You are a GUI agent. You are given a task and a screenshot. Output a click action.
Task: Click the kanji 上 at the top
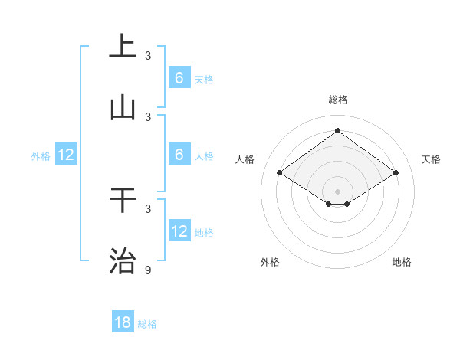point(123,46)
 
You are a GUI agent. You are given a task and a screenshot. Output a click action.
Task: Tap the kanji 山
point(123,108)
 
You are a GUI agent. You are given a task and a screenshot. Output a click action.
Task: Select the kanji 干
point(123,200)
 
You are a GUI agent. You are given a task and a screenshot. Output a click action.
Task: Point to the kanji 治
point(123,261)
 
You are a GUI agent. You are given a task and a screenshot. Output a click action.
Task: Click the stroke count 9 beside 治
point(148,270)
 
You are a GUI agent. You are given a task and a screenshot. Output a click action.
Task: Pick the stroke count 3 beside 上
point(148,55)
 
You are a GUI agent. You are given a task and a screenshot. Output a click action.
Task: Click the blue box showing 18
point(123,322)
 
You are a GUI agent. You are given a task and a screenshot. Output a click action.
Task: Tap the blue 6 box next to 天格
point(179,77)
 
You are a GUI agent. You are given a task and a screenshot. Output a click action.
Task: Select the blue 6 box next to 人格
point(179,154)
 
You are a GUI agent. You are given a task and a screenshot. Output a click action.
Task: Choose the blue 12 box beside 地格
point(179,231)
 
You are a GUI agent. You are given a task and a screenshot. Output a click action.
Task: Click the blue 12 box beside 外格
point(66,155)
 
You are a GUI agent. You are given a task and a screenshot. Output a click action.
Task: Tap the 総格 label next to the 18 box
point(147,324)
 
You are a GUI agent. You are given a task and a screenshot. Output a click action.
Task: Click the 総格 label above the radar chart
point(337,100)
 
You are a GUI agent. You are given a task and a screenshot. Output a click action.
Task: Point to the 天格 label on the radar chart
point(431,159)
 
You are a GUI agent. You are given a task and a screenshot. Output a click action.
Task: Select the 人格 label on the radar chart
point(245,159)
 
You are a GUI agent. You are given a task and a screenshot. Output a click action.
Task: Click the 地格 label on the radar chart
point(402,262)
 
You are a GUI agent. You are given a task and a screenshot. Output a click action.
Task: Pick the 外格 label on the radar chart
point(270,262)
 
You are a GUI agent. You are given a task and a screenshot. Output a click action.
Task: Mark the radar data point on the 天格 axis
point(396,173)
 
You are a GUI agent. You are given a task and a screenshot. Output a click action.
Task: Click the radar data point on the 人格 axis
point(280,173)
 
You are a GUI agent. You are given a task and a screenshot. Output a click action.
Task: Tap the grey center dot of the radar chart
point(337,191)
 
